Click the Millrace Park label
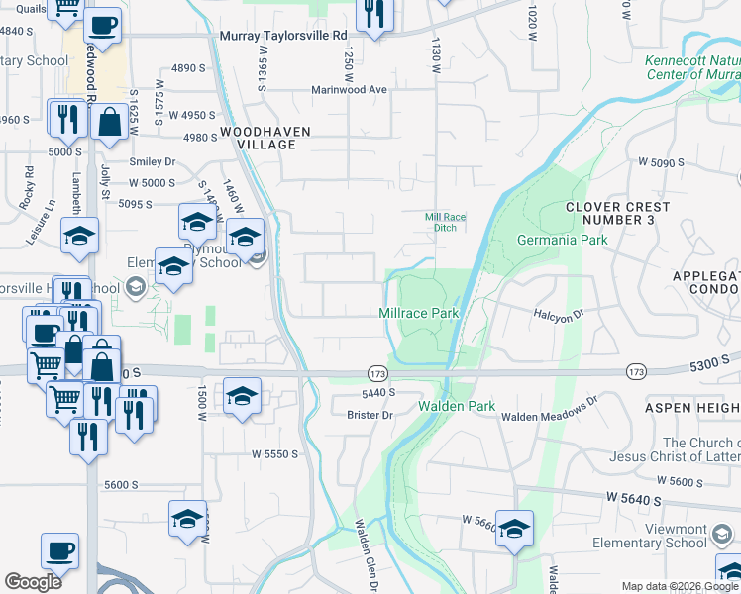coord(419,313)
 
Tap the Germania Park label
coord(563,241)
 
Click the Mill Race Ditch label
coord(445,222)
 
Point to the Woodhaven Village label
coord(265,138)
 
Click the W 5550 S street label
coord(275,453)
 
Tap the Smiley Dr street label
coord(153,162)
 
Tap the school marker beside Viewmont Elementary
coord(514,528)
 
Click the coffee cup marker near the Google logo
coord(59,549)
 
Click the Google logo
coord(33,582)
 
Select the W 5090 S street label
coord(663,161)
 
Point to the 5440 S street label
coord(378,392)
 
